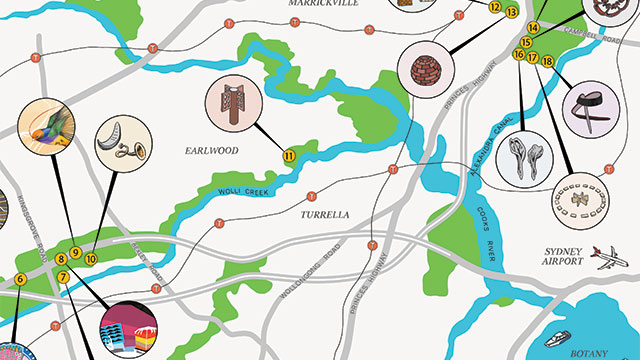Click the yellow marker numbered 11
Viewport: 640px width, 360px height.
pyautogui.click(x=289, y=155)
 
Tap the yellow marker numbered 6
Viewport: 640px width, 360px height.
pyautogui.click(x=19, y=279)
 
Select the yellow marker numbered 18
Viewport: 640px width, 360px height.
pyautogui.click(x=548, y=62)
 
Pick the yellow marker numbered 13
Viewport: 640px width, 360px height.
pyautogui.click(x=512, y=12)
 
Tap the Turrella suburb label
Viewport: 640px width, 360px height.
pyautogui.click(x=323, y=215)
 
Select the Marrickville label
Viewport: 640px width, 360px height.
pyautogui.click(x=323, y=4)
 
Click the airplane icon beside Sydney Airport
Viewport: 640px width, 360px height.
pyautogui.click(x=608, y=260)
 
